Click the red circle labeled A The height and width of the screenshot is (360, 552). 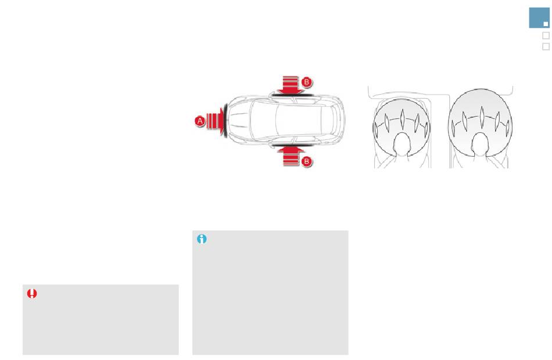(200, 121)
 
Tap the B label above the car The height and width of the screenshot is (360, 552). (307, 82)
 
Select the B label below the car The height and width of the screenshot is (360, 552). (307, 161)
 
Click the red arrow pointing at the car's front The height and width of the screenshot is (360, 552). (216, 121)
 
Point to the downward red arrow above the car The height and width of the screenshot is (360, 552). (291, 85)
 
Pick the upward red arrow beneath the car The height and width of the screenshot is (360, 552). (291, 156)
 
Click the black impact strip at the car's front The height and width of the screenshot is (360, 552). (225, 121)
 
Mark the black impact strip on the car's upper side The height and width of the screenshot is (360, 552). (292, 95)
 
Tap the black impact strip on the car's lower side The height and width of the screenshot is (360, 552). (292, 145)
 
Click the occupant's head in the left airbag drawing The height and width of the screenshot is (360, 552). (402, 144)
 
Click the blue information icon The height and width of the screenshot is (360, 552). (202, 239)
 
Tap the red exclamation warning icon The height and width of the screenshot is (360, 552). (32, 293)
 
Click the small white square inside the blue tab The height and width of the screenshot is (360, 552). (546, 24)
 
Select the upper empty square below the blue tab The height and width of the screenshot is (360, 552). (546, 35)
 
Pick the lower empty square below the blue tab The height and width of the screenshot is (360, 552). (546, 46)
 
